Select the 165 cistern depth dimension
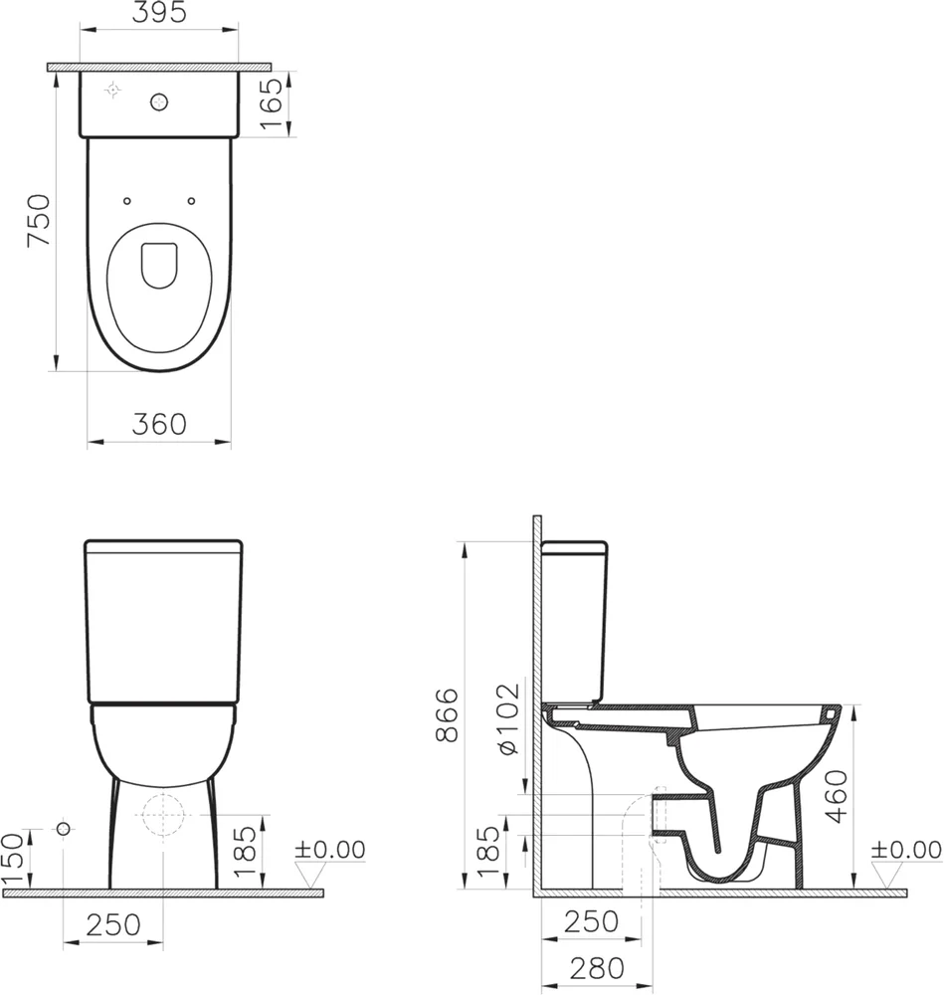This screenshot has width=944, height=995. click(x=270, y=103)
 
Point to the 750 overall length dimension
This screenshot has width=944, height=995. click(x=38, y=221)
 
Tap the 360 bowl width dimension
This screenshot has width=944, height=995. click(x=159, y=424)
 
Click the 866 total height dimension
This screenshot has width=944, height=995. click(x=449, y=714)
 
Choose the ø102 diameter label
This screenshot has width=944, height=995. click(x=507, y=717)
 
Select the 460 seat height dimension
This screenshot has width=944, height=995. click(x=837, y=795)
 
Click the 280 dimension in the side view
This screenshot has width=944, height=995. click(x=597, y=967)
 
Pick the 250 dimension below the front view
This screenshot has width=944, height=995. click(x=111, y=925)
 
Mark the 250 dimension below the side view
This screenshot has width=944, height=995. click(x=591, y=922)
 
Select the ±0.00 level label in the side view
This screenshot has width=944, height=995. click(x=905, y=851)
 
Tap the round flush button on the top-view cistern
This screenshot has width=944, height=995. click(x=158, y=100)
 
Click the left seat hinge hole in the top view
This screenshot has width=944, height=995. click(x=126, y=201)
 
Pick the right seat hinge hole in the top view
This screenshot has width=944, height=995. click(x=191, y=201)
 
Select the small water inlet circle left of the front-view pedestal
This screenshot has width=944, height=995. click(x=64, y=829)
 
